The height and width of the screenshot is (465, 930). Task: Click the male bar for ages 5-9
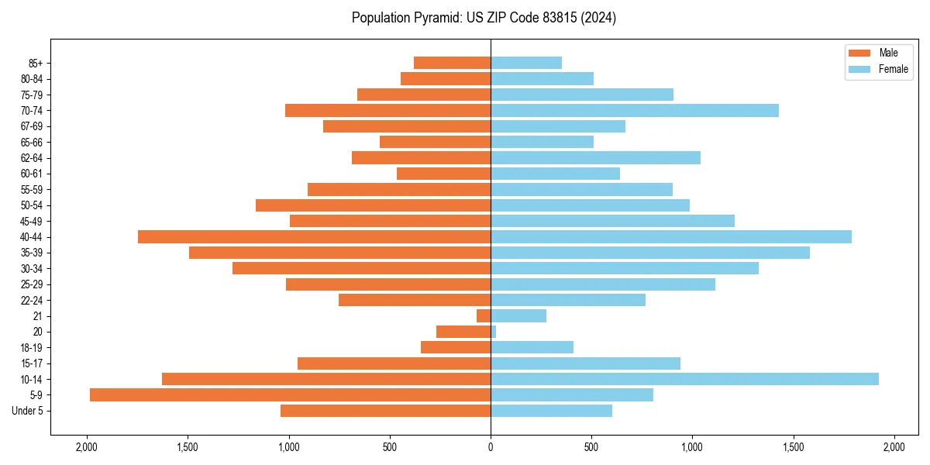point(290,394)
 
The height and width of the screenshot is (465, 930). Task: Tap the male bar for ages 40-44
point(314,236)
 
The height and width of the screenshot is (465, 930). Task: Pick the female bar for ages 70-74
point(635,110)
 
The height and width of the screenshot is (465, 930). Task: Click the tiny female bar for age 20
point(494,332)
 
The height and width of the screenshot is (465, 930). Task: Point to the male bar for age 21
point(484,315)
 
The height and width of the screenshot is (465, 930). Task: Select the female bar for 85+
point(526,63)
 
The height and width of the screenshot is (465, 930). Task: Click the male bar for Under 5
point(385,411)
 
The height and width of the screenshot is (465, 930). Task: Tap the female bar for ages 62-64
point(595,157)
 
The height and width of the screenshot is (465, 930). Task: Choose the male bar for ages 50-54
point(373,205)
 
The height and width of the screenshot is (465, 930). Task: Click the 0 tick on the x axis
point(491,446)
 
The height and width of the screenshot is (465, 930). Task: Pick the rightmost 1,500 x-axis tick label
point(794,446)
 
